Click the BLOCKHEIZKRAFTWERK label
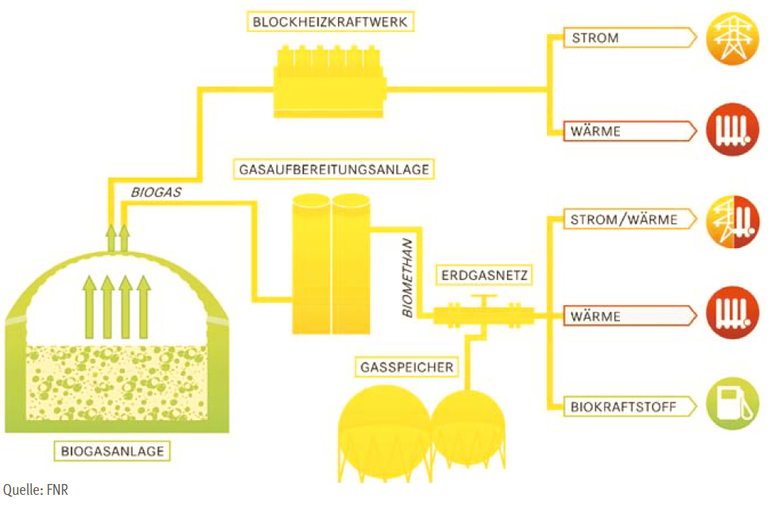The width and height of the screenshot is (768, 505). [331, 22]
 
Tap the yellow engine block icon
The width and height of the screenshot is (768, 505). [331, 81]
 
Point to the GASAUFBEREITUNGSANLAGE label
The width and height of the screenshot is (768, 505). [330, 168]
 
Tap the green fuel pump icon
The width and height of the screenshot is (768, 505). [732, 405]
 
